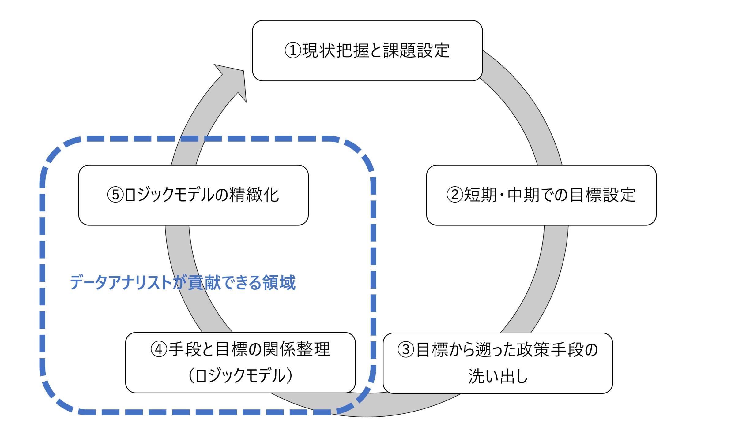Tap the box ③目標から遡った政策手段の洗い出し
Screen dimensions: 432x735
coord(498,363)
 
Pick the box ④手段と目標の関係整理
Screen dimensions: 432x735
coord(240,363)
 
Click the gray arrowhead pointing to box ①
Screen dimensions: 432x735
coord(234,80)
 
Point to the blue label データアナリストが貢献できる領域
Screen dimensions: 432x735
coord(183,282)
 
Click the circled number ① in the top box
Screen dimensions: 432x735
coord(293,50)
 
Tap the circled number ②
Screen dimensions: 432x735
coord(455,195)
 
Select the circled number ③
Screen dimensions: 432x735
coord(406,350)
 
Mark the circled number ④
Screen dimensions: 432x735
coord(159,349)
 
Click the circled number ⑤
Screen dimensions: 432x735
coord(115,195)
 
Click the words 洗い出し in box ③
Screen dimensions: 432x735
coord(498,376)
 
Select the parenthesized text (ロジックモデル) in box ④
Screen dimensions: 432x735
coord(240,375)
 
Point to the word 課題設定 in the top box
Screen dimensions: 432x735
coord(416,50)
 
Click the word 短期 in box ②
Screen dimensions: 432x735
coord(480,195)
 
